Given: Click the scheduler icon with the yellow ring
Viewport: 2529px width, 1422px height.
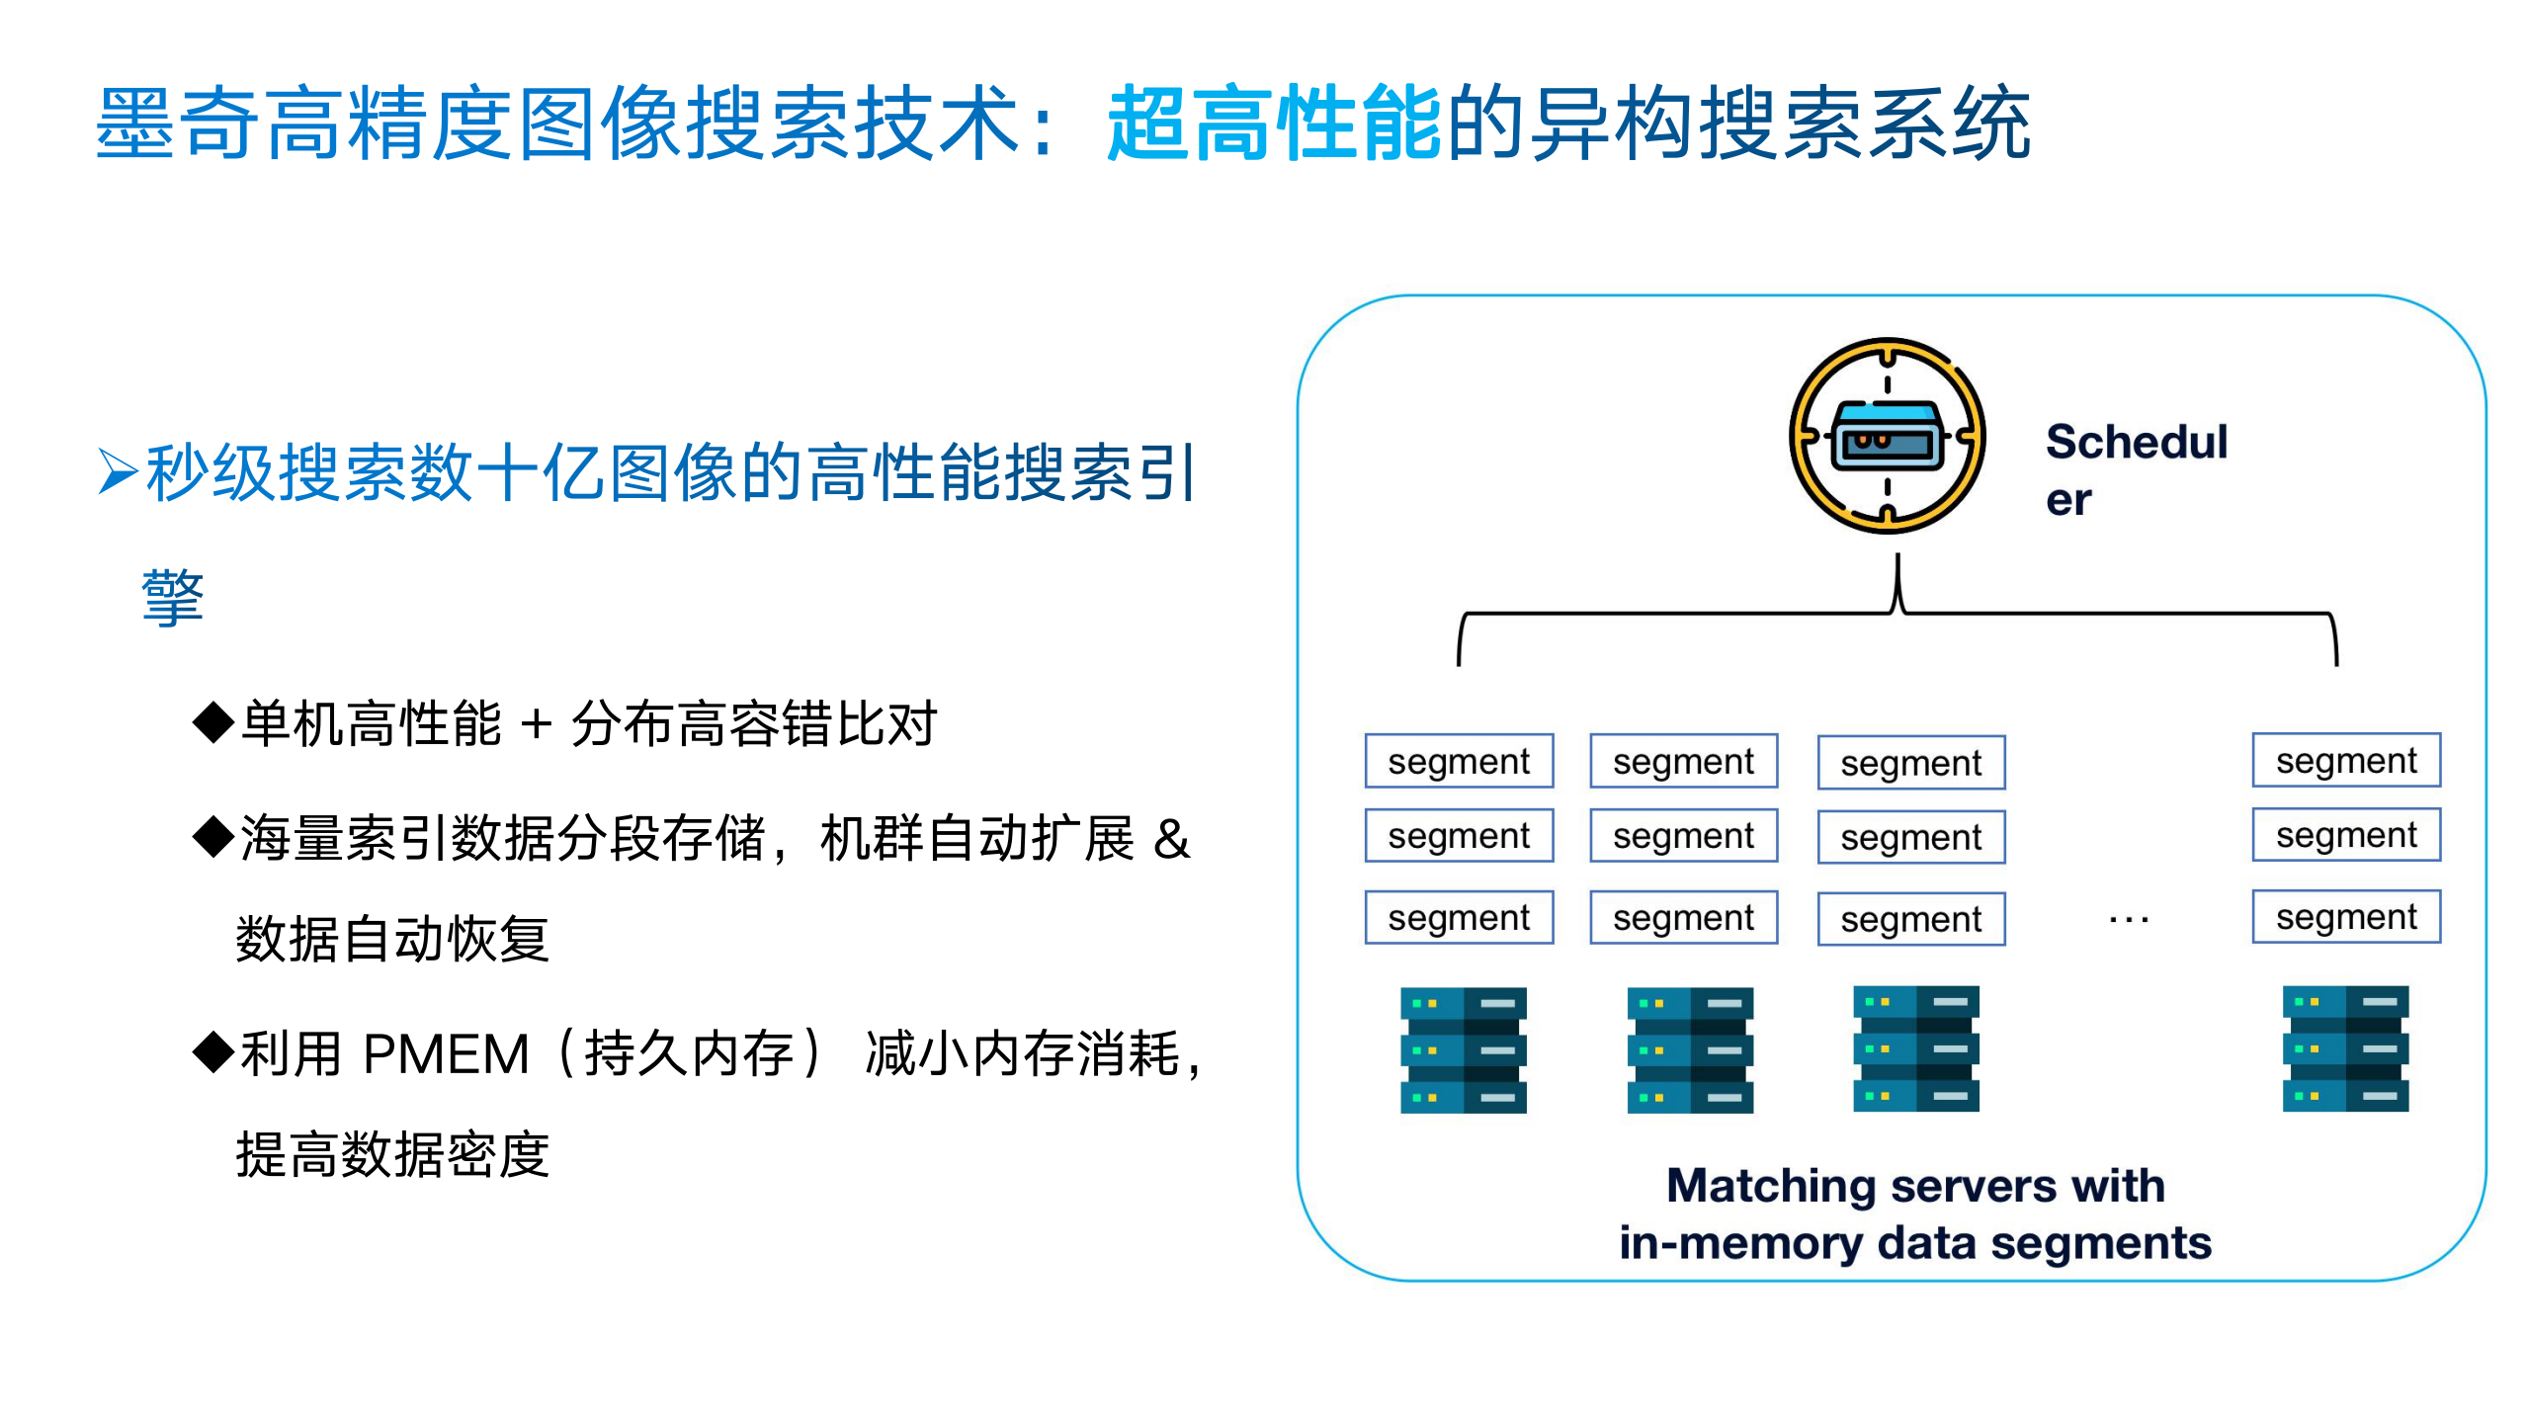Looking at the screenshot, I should (1887, 437).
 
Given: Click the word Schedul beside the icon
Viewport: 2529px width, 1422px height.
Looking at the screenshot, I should (2136, 442).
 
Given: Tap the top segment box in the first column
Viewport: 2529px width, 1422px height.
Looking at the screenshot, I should (1458, 761).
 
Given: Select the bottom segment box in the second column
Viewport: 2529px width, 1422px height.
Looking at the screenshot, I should (1683, 918).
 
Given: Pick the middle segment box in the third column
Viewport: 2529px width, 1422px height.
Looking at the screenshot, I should (1910, 837).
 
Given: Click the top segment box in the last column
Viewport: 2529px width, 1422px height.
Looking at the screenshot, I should (2345, 760).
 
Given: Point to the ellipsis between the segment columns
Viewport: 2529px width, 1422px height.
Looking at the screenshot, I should (2128, 920).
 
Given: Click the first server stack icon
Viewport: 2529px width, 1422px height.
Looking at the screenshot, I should (1463, 1049).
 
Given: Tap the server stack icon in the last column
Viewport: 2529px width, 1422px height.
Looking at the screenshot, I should (2344, 1048).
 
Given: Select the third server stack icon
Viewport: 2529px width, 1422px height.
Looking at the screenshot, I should (1915, 1048).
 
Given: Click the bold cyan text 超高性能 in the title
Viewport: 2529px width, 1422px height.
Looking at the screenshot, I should (1274, 124).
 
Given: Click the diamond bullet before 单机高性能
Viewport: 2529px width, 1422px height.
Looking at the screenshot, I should (212, 722).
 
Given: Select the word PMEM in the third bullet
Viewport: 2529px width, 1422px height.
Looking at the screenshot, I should (446, 1053).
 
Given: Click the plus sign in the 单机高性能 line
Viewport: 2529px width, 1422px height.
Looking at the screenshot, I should (536, 724).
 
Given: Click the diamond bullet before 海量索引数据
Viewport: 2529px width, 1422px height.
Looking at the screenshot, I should (212, 837).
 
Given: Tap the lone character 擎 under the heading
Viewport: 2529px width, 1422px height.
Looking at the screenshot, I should (173, 598).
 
